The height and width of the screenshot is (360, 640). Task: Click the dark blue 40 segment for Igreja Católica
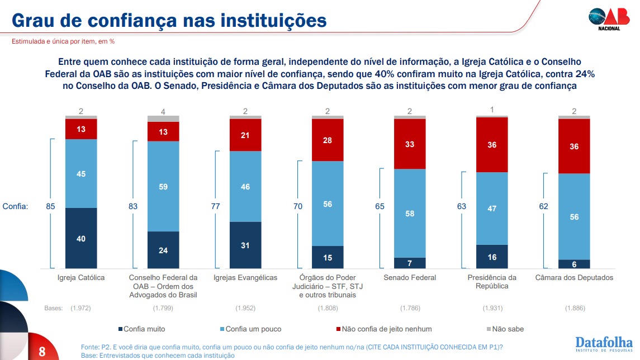81,238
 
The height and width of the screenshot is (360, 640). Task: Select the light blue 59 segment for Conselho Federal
163,187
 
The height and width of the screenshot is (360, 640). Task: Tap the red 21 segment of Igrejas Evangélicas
245,136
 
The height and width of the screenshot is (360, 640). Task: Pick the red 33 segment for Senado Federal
410,144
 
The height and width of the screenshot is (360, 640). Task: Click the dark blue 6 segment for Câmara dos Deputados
574,264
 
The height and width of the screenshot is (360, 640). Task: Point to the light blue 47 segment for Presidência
492,209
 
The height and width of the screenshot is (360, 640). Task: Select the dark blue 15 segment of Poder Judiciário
328,257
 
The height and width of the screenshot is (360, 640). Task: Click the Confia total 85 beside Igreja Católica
51,206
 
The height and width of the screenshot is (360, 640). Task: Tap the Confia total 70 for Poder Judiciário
298,206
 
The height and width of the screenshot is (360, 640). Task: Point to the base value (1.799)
163,308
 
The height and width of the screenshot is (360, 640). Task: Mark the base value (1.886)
574,308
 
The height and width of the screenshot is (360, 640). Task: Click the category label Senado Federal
410,278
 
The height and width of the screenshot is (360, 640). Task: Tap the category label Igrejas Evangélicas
245,278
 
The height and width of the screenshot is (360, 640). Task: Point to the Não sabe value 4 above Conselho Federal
163,111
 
